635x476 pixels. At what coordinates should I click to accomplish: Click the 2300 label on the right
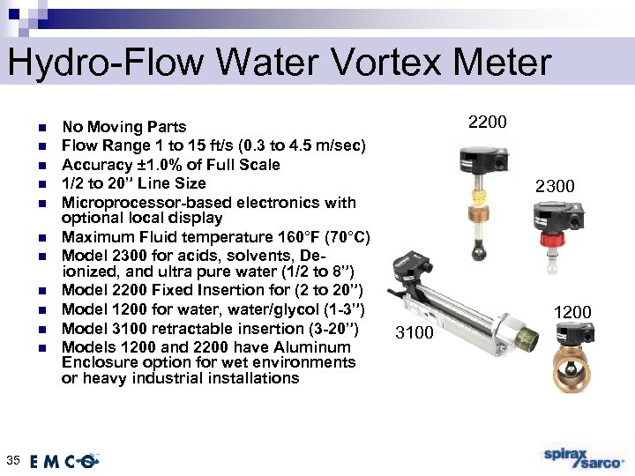click(x=556, y=186)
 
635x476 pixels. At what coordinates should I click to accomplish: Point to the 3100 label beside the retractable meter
click(x=415, y=332)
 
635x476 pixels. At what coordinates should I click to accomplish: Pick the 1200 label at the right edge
click(x=572, y=312)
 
